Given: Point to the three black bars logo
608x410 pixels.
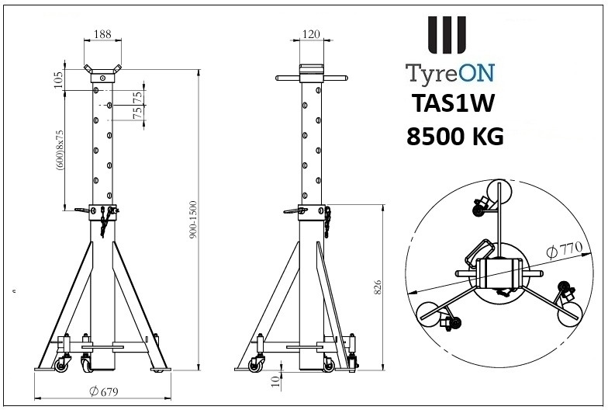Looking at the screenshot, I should pos(448,35).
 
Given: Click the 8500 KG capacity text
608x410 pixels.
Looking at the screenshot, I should pos(454,137).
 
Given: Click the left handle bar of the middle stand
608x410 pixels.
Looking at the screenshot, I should pos(288,78).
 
